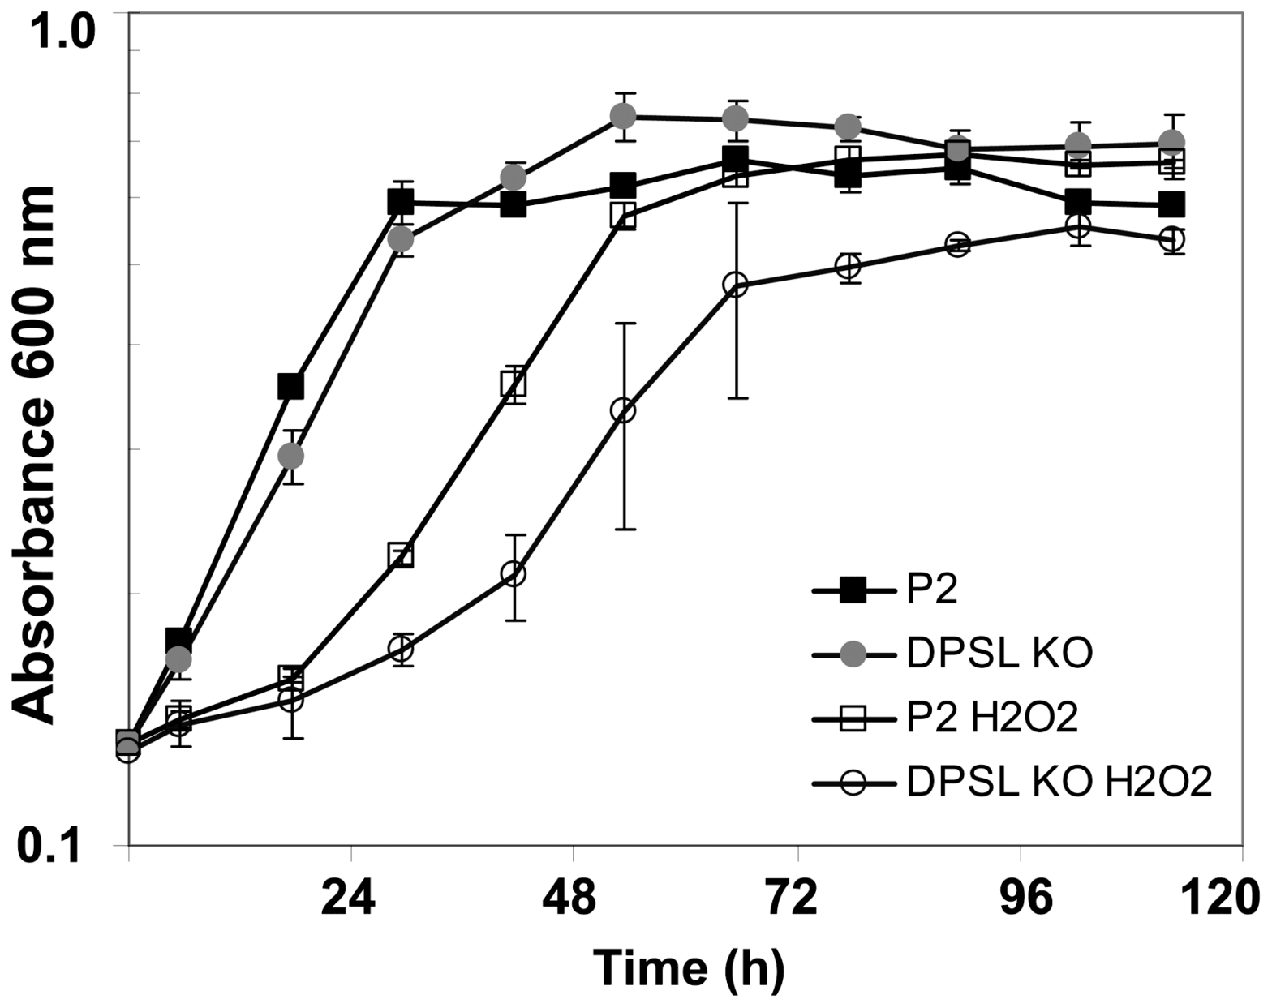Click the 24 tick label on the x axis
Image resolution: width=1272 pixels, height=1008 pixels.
click(x=348, y=899)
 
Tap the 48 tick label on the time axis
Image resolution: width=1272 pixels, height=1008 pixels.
click(x=570, y=899)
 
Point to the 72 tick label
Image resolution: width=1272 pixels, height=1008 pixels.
click(x=794, y=899)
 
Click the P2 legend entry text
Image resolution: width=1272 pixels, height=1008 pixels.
click(x=932, y=590)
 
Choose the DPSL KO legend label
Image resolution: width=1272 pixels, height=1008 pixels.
click(x=999, y=654)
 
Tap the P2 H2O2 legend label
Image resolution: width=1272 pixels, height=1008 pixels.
click(x=992, y=718)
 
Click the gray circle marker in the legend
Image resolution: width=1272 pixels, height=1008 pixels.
click(x=852, y=654)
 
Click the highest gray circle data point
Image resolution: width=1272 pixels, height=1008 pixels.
click(x=622, y=117)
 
